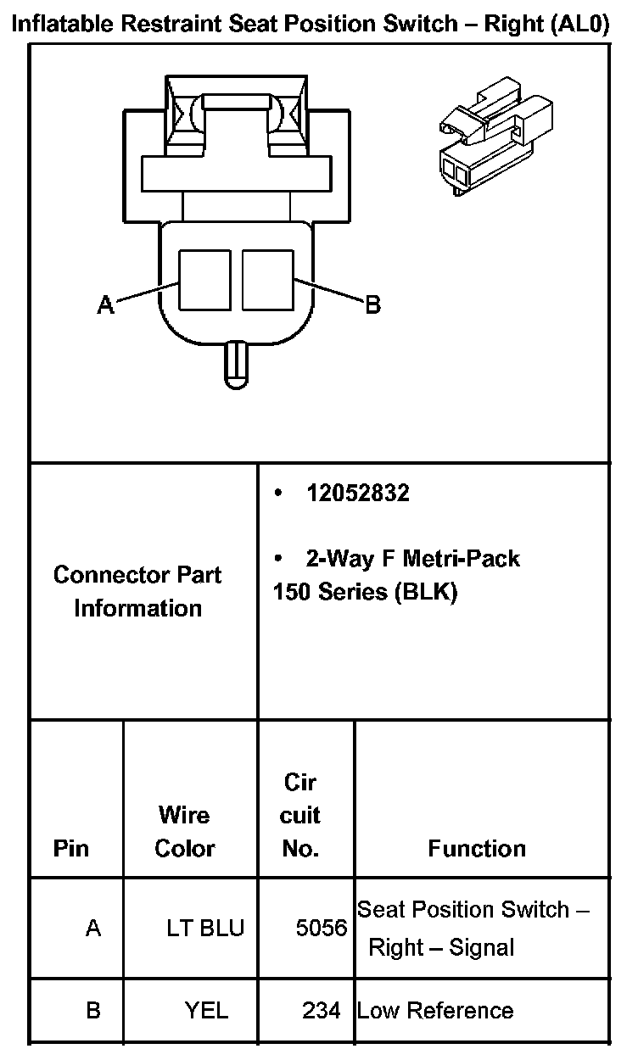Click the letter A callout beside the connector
pyautogui.click(x=105, y=304)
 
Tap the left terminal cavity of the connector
pyautogui.click(x=204, y=279)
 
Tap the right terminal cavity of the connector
pyautogui.click(x=267, y=279)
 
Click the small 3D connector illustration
pyautogui.click(x=487, y=140)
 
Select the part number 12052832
pyautogui.click(x=357, y=494)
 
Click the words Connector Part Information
pyautogui.click(x=137, y=591)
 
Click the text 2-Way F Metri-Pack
pyautogui.click(x=412, y=558)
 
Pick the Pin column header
pyautogui.click(x=71, y=848)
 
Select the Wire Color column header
pyautogui.click(x=184, y=831)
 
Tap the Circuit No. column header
pyautogui.click(x=299, y=815)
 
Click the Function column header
pyautogui.click(x=477, y=848)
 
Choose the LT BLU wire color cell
pyautogui.click(x=204, y=928)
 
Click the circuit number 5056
pyautogui.click(x=322, y=928)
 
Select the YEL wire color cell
pyautogui.click(x=206, y=1010)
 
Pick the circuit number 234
pyautogui.click(x=322, y=1010)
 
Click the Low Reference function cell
pyautogui.click(x=435, y=1010)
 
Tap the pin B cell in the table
pyautogui.click(x=93, y=1010)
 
